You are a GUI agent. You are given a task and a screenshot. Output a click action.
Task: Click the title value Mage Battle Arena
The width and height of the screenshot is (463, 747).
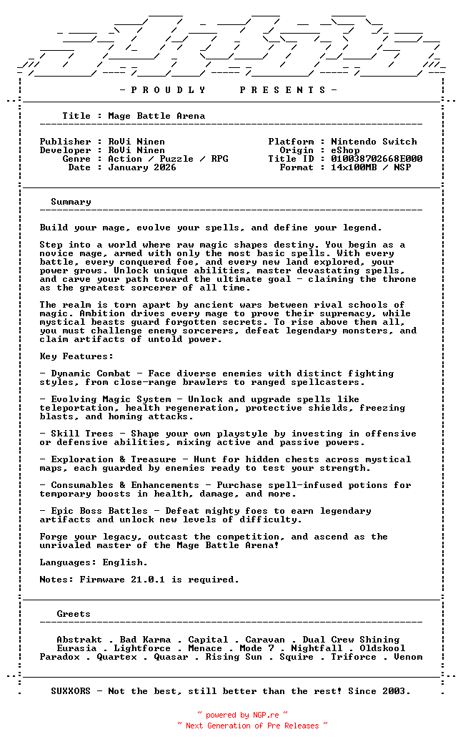156,116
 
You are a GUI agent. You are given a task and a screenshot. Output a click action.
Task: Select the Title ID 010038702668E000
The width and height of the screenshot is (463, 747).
377,159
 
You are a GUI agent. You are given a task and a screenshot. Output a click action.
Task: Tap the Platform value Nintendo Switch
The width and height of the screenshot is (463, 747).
374,142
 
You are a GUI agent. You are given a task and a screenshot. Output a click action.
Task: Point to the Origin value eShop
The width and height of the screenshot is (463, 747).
345,150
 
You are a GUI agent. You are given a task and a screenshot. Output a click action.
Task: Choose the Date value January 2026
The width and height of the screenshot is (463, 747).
142,167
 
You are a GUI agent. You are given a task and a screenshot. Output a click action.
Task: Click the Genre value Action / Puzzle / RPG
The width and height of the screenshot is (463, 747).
168,159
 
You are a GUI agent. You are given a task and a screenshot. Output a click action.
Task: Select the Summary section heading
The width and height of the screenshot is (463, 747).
71,202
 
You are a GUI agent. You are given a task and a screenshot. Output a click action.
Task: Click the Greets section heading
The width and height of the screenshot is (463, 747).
74,614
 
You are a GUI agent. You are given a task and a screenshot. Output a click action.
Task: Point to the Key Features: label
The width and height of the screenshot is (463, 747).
76,356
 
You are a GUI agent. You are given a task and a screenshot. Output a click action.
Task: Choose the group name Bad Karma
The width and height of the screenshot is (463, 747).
145,640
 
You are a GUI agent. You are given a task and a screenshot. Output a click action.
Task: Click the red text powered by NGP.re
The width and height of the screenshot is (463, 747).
242,715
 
